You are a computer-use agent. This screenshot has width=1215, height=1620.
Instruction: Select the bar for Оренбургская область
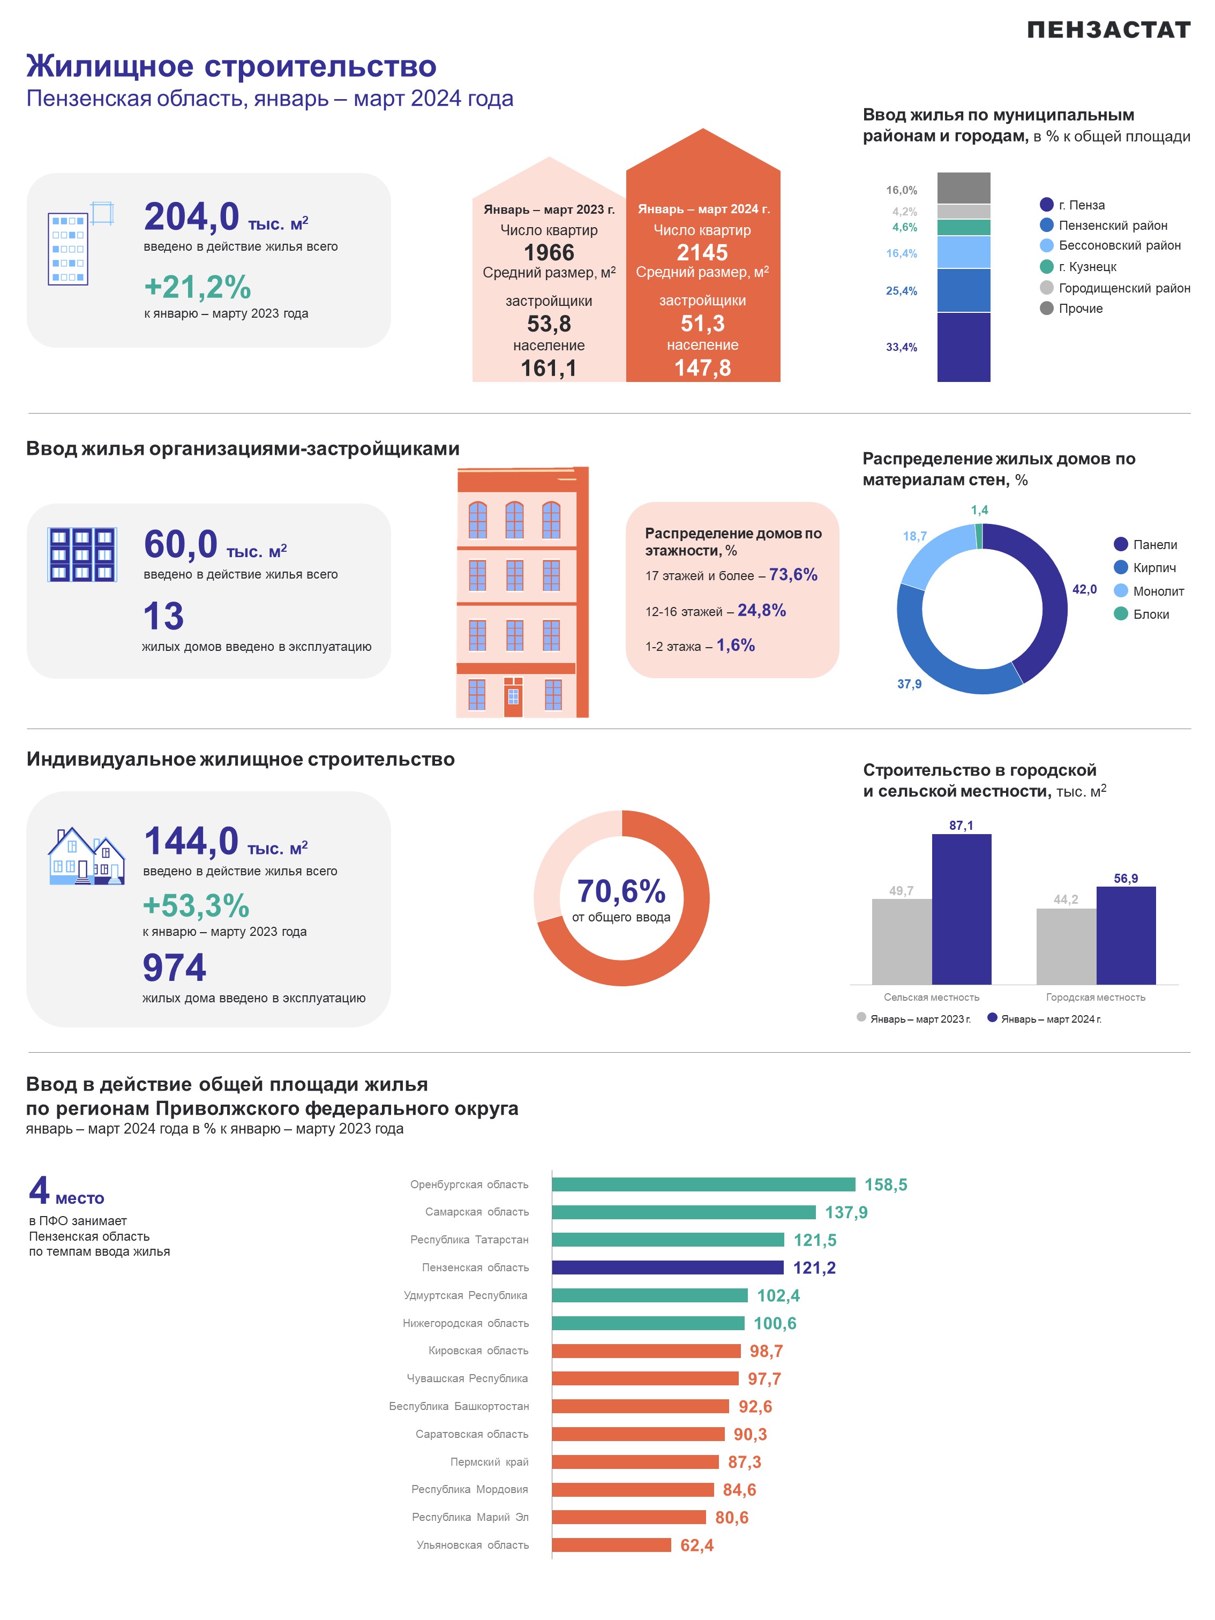click(703, 1184)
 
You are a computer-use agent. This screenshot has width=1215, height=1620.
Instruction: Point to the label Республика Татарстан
click(469, 1239)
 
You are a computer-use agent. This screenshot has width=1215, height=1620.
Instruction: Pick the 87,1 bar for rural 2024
click(962, 909)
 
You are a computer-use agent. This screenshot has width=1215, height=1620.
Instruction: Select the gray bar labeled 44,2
click(1066, 946)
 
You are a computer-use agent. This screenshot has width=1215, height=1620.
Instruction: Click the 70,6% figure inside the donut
click(621, 891)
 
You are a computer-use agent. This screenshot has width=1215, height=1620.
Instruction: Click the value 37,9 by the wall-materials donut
click(910, 684)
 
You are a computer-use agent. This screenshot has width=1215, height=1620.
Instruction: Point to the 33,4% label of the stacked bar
click(902, 347)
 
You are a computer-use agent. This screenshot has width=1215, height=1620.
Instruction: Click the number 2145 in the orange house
click(702, 253)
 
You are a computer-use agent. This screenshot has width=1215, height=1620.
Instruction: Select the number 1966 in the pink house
click(549, 253)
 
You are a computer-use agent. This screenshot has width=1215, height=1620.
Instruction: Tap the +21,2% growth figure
click(198, 287)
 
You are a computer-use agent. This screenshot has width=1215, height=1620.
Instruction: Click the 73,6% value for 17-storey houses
click(793, 574)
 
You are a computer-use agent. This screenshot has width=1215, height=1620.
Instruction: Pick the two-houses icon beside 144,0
click(86, 856)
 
